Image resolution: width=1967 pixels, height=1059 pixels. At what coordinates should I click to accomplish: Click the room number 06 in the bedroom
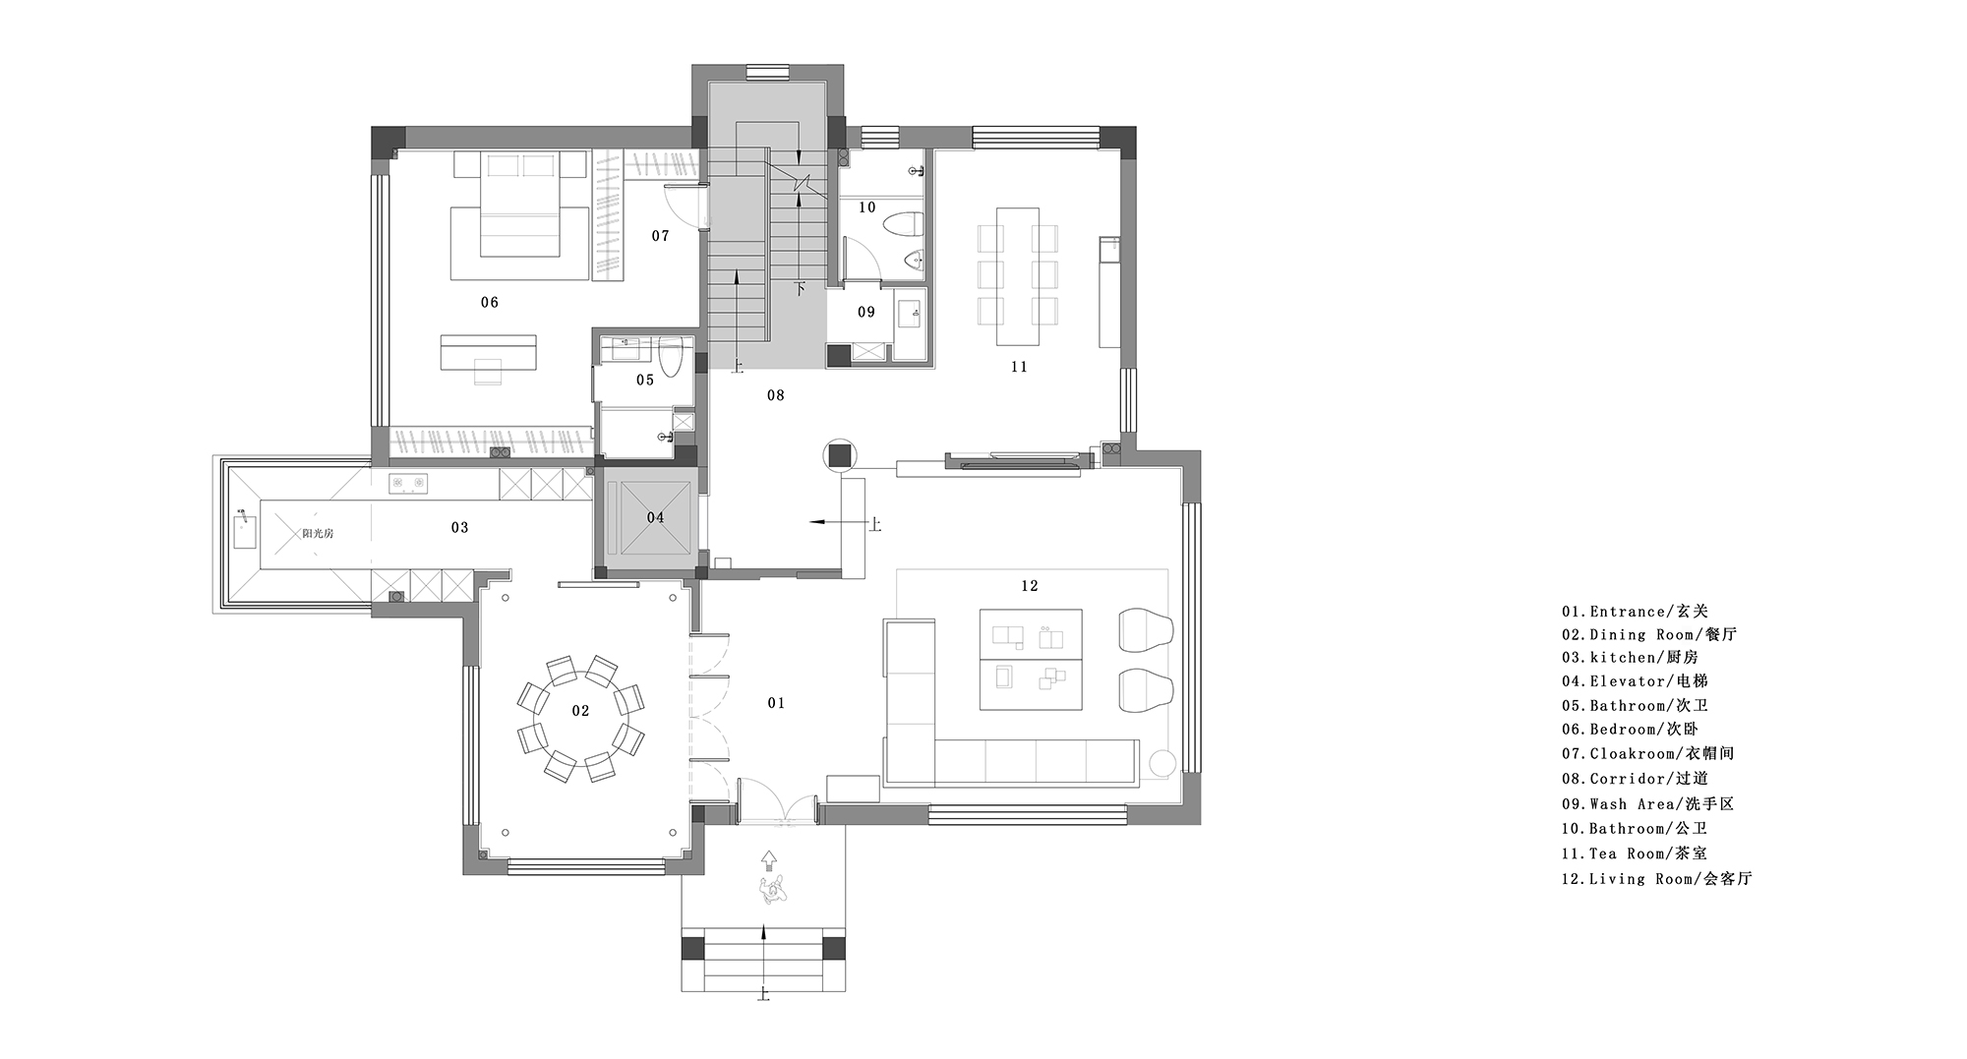click(x=490, y=302)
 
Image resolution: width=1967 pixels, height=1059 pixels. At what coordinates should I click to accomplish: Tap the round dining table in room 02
click(x=580, y=710)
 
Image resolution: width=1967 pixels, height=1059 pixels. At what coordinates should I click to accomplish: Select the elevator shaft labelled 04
click(x=655, y=517)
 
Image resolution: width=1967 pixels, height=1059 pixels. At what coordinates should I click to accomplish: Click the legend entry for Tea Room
click(x=1635, y=853)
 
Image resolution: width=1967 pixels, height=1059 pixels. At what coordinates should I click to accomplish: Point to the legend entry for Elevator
click(x=1635, y=680)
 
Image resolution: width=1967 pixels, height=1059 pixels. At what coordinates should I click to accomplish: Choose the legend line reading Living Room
click(x=1657, y=879)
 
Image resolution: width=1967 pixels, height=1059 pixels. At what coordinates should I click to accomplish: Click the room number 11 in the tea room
click(x=1019, y=367)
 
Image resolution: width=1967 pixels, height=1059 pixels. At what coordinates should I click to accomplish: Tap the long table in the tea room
click(x=1018, y=275)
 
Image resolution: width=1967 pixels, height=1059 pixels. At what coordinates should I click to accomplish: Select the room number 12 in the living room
click(x=1030, y=586)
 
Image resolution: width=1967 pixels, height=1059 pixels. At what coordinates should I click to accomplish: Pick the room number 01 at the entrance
click(x=776, y=703)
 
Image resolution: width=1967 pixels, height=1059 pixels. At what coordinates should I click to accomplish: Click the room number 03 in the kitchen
click(x=459, y=527)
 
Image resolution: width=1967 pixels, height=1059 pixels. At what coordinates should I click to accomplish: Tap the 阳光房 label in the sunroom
click(x=318, y=533)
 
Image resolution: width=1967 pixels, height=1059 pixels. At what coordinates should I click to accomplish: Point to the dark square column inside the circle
click(x=840, y=454)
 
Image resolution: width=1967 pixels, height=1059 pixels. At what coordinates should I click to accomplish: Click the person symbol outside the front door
click(x=772, y=889)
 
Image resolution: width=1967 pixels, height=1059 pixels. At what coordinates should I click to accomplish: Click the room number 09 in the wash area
click(x=865, y=312)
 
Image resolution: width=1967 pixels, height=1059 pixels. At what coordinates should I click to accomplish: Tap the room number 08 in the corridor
click(x=776, y=395)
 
